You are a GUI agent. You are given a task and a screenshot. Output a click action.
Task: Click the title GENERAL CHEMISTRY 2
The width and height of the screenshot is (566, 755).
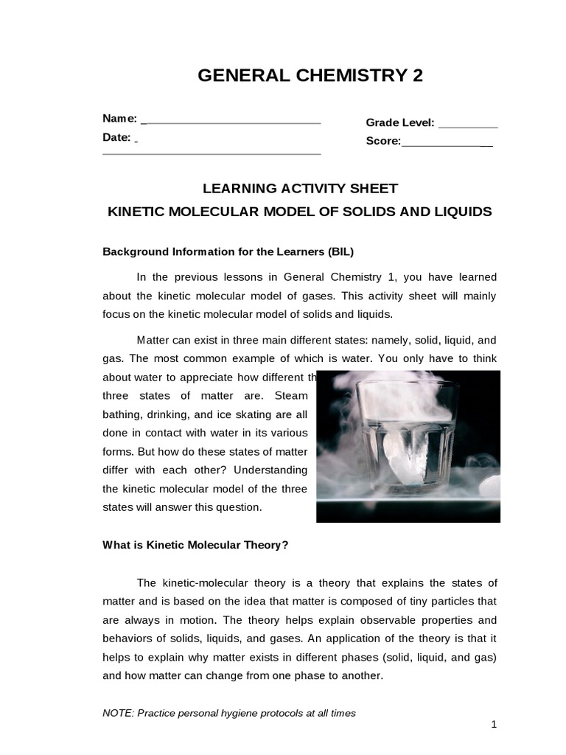point(310,76)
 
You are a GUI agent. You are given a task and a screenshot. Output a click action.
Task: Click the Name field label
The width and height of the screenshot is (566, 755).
point(119,119)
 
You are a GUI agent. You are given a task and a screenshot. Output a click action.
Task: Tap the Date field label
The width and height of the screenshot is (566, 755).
point(116,137)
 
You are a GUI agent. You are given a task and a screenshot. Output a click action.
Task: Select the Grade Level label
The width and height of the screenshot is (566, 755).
point(399,123)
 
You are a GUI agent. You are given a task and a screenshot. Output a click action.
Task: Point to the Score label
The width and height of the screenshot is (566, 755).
point(383,141)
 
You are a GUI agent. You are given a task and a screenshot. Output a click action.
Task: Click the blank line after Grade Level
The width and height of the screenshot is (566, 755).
point(467,126)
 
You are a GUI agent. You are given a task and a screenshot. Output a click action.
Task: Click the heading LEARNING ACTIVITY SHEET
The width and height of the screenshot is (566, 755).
point(300,188)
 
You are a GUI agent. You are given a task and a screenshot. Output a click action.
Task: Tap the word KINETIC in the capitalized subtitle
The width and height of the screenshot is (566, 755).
point(136,212)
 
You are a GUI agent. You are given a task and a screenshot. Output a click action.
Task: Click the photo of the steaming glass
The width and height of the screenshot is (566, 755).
point(408,446)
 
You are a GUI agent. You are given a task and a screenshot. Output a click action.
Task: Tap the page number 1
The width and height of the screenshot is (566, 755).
point(494,725)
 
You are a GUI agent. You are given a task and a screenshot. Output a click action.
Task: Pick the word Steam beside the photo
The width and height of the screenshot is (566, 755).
point(291,396)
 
